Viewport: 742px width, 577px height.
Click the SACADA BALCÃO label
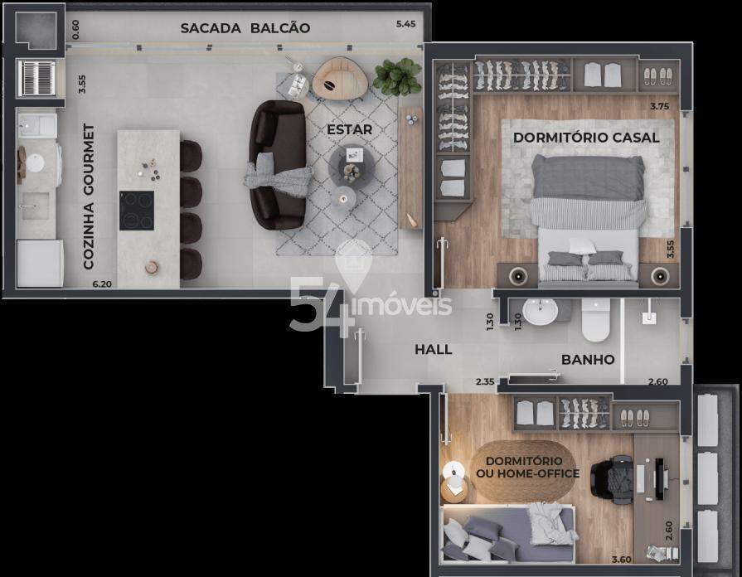pos(245,28)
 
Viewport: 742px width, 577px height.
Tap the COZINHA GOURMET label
pos(89,196)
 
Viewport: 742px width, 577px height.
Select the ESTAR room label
pos(349,129)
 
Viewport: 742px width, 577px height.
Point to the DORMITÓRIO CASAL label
pos(586,138)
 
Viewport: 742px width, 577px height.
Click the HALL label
pos(433,350)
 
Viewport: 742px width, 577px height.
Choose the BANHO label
pos(588,360)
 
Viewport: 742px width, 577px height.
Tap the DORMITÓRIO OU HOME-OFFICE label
pos(527,468)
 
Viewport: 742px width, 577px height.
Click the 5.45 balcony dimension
pos(406,24)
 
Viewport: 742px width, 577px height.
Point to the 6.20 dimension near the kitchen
pos(102,284)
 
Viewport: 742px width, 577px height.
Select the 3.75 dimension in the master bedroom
pos(660,106)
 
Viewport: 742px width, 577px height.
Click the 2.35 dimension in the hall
pos(485,381)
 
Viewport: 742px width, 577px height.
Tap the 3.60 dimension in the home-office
pos(621,560)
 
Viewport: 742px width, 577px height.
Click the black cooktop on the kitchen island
pos(136,211)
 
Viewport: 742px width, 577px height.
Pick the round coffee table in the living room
pos(352,166)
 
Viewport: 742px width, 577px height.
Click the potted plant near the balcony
pos(397,76)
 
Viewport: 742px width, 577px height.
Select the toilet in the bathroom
pos(595,320)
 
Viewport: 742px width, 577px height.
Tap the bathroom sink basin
pos(540,312)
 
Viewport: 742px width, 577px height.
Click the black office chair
pos(611,481)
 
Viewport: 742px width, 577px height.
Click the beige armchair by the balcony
pos(340,79)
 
